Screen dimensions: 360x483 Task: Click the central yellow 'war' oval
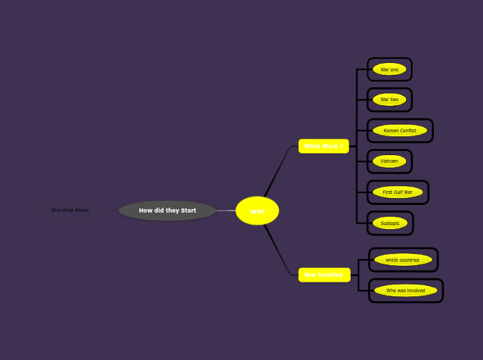pos(257,210)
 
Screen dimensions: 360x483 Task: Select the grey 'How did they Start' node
pos(167,210)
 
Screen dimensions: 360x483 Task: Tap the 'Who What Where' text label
pos(70,210)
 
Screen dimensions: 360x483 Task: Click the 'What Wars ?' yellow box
pos(324,146)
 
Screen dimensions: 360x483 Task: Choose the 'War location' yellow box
pos(324,275)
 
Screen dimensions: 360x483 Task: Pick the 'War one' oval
pos(389,69)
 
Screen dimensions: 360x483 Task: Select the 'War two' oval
pos(389,100)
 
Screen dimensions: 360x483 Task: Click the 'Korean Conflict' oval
pos(400,130)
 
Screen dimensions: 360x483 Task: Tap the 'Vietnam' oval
pos(389,161)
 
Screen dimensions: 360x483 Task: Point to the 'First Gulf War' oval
pos(398,192)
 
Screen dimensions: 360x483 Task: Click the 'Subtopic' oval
pos(390,223)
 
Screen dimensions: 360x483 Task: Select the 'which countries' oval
pos(403,260)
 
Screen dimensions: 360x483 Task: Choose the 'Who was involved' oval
pos(405,291)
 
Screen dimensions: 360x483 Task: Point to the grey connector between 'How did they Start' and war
pos(225,210)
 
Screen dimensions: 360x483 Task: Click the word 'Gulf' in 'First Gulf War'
pos(398,192)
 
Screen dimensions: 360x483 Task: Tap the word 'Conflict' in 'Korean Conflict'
pos(407,130)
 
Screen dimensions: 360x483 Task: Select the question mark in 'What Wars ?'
pos(342,146)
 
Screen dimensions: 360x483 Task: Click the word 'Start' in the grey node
pos(188,210)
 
